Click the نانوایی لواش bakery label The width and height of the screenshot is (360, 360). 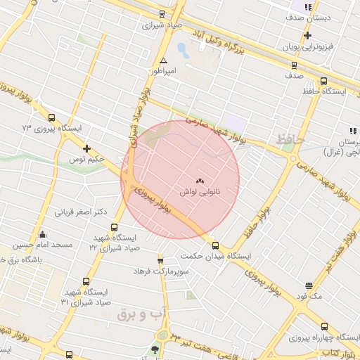coord(200,191)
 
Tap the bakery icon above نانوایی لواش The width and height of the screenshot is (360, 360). coord(199,180)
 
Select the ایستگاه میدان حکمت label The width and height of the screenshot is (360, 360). coord(217,257)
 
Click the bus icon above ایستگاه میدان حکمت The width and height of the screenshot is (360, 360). coord(215,246)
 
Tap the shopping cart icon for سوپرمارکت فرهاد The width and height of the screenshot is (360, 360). coord(160,260)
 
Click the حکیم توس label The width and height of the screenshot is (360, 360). coord(87,160)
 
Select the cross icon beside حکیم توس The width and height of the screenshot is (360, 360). coord(86,148)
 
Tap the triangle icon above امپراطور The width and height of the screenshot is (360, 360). coord(163,61)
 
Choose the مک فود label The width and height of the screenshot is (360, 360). coord(309,297)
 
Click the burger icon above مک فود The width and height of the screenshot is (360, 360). coord(309,285)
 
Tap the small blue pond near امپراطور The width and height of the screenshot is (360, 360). coord(182,51)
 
